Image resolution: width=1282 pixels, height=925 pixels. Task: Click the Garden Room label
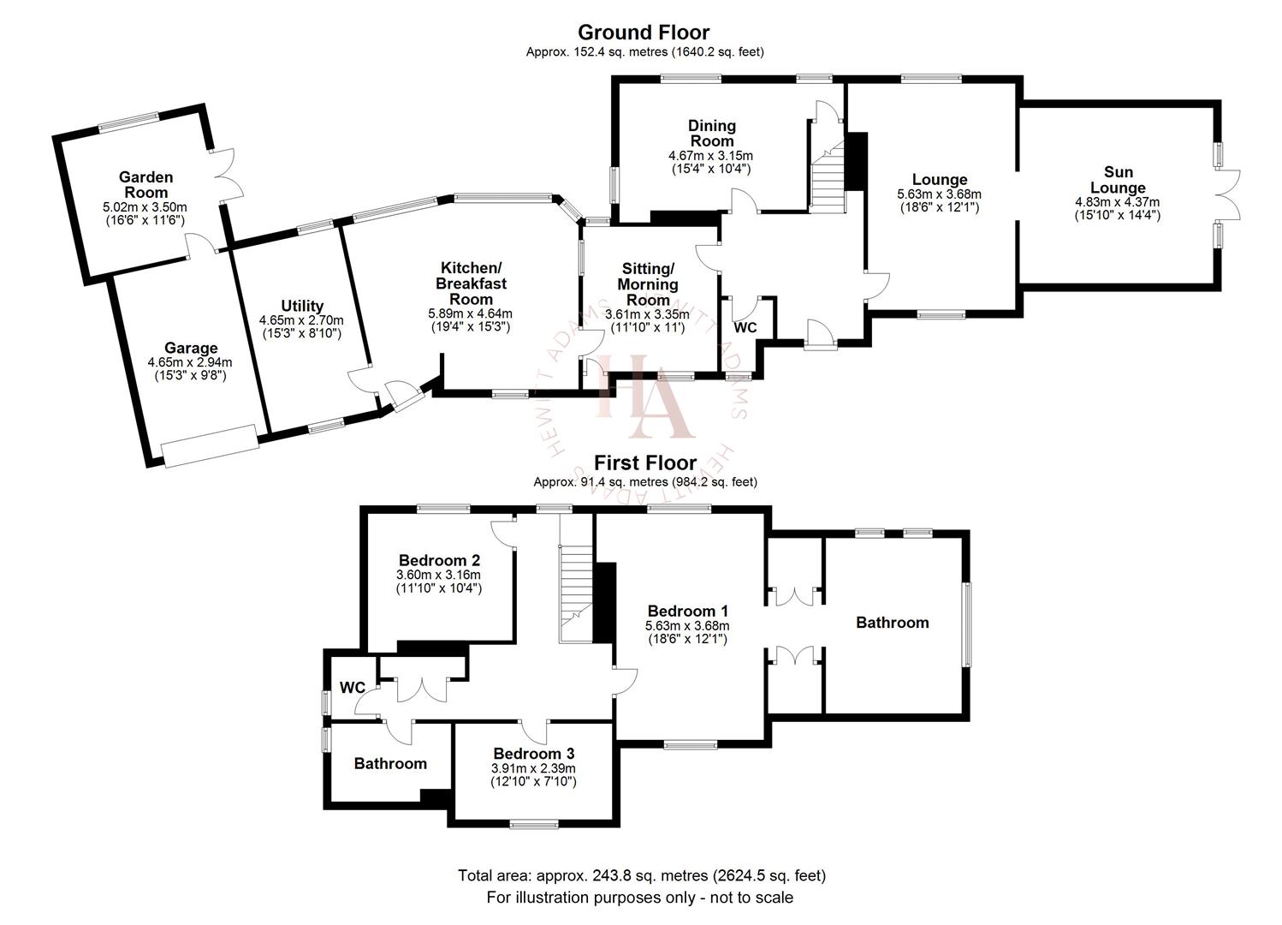pyautogui.click(x=145, y=184)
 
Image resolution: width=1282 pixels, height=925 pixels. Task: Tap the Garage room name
pyautogui.click(x=191, y=349)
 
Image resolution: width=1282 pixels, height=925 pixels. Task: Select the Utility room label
pyautogui.click(x=302, y=306)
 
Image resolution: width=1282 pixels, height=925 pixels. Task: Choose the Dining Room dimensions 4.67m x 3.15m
pyautogui.click(x=710, y=156)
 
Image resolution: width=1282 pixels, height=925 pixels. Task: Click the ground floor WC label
pyautogui.click(x=745, y=328)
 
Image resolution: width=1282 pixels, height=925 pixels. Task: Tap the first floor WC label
pyautogui.click(x=352, y=688)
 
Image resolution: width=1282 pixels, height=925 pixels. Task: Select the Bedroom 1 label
pyautogui.click(x=687, y=611)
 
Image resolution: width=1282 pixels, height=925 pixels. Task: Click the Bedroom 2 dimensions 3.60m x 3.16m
pyautogui.click(x=438, y=575)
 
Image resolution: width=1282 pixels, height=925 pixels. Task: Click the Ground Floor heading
pyautogui.click(x=644, y=33)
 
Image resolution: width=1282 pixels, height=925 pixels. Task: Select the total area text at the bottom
pyautogui.click(x=641, y=875)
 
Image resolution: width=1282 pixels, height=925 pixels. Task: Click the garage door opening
pyautogui.click(x=211, y=446)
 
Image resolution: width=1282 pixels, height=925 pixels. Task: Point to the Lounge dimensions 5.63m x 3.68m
pyautogui.click(x=939, y=194)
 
